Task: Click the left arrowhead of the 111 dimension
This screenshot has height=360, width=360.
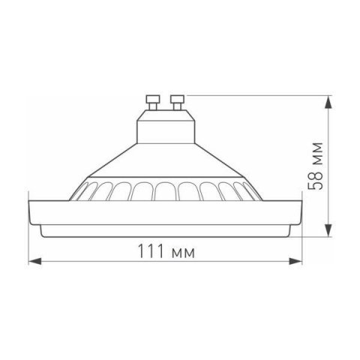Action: [33, 262]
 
